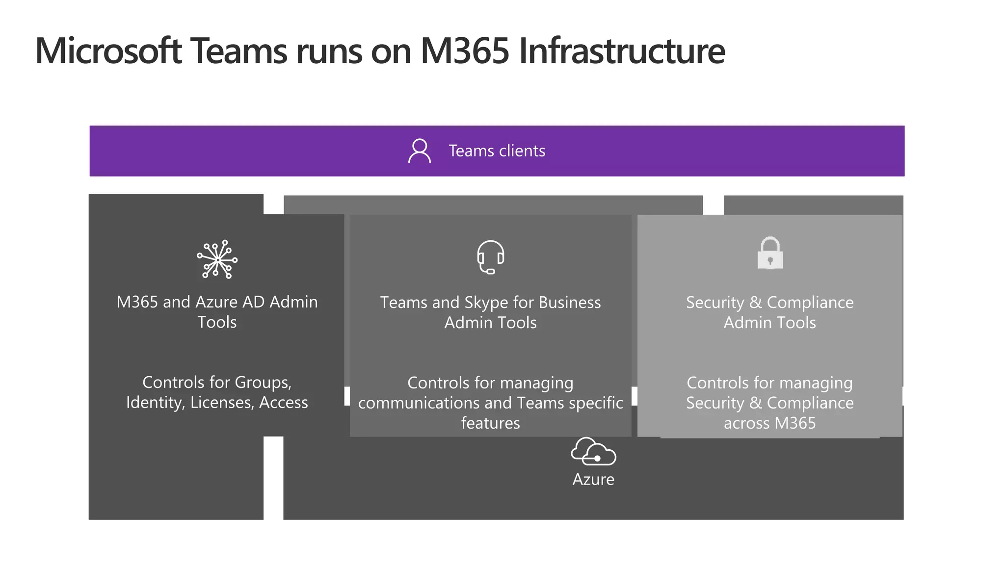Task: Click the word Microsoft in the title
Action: [108, 51]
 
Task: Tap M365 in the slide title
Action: [465, 51]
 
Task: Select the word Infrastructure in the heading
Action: [621, 51]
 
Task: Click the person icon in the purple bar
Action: [420, 151]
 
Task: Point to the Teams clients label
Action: [497, 151]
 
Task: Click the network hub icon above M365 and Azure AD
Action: [217, 259]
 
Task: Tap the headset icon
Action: [490, 257]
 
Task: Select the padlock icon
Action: [770, 254]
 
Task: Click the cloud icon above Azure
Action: [593, 451]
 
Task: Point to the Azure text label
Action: [593, 479]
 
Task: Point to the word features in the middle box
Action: [490, 423]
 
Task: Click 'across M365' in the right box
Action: [769, 423]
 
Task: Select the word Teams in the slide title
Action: [238, 51]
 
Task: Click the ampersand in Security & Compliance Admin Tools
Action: [755, 303]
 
